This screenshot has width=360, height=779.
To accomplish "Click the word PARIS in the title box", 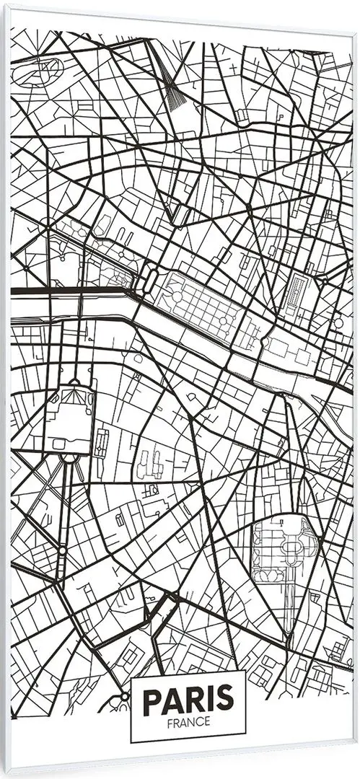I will (x=188, y=700).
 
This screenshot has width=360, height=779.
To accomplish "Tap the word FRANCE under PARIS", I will (x=188, y=721).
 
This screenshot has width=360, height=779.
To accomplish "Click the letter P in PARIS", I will (x=153, y=700).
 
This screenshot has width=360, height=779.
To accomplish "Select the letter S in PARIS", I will (x=225, y=700).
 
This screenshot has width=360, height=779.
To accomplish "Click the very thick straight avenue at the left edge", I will (x=65, y=289).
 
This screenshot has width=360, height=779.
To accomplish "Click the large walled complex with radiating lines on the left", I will (x=70, y=415).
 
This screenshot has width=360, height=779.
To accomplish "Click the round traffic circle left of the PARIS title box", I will (x=125, y=697).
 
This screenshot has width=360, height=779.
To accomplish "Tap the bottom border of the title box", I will (x=188, y=742).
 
